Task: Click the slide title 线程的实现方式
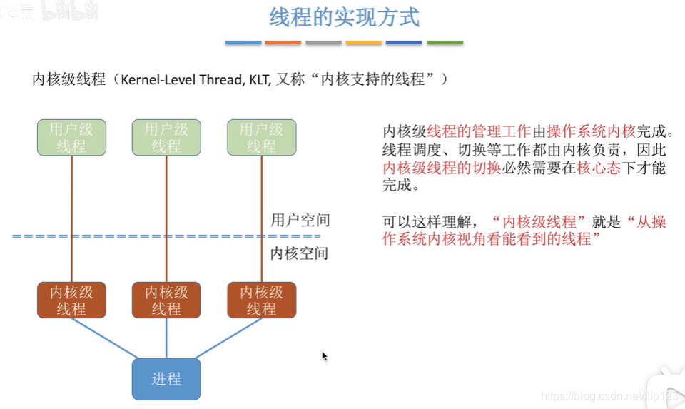point(344,18)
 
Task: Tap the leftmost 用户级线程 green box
point(71,138)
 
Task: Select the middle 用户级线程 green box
point(166,138)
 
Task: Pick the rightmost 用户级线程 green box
point(261,138)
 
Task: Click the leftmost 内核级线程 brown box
point(71,301)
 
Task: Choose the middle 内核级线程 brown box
point(166,301)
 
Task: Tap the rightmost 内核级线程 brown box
point(261,301)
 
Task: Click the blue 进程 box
point(166,378)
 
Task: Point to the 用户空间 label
point(300,220)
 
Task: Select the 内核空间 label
point(300,253)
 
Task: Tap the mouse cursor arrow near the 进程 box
point(324,355)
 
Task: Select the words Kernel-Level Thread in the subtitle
point(182,79)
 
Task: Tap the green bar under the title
point(445,43)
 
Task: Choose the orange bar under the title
point(283,43)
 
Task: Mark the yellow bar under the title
point(364,43)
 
